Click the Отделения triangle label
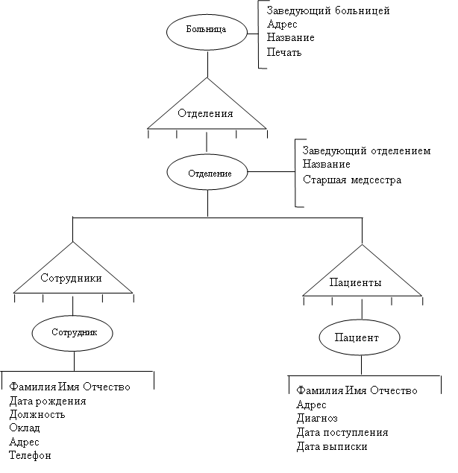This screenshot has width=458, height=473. [205, 113]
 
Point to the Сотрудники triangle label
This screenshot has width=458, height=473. [71, 278]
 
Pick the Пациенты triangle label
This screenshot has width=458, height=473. [355, 282]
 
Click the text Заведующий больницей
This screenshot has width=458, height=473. [328, 11]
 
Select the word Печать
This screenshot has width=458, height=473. [284, 52]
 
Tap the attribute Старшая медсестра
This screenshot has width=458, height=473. [352, 180]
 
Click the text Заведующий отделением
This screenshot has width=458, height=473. [366, 150]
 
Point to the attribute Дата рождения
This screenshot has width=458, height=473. [48, 401]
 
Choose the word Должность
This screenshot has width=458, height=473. [37, 414]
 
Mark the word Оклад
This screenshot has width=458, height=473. [25, 428]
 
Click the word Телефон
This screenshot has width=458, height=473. [30, 455]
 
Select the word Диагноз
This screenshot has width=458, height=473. [317, 418]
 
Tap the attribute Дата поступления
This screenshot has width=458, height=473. [342, 432]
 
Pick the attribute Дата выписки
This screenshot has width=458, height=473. [332, 446]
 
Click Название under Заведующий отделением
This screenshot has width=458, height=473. [327, 164]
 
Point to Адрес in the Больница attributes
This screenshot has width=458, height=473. [282, 24]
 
